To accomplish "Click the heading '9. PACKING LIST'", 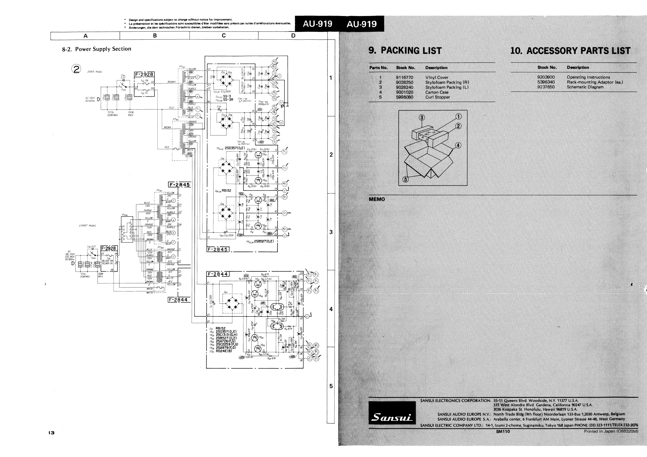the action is pos(405,51).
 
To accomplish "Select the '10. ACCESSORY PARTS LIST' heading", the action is pos(570,51).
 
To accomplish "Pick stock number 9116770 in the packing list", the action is pos(404,77).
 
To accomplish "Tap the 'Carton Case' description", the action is pos(437,92).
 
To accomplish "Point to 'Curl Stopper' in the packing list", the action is pos(437,97).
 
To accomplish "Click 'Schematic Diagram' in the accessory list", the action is pos(585,87).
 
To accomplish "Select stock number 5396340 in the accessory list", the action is pos(546,82).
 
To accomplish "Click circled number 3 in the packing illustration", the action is pos(421,118).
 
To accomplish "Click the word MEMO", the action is pos(377,199).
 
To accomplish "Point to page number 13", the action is pos(51,433).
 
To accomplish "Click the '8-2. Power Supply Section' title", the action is pos(97,49).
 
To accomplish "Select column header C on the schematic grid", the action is pos(224,36).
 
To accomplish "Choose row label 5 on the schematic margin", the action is pos(331,386).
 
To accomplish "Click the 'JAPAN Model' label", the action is pos(95,72).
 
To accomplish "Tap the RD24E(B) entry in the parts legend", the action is pos(224,351).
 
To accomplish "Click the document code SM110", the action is pos(503,431).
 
